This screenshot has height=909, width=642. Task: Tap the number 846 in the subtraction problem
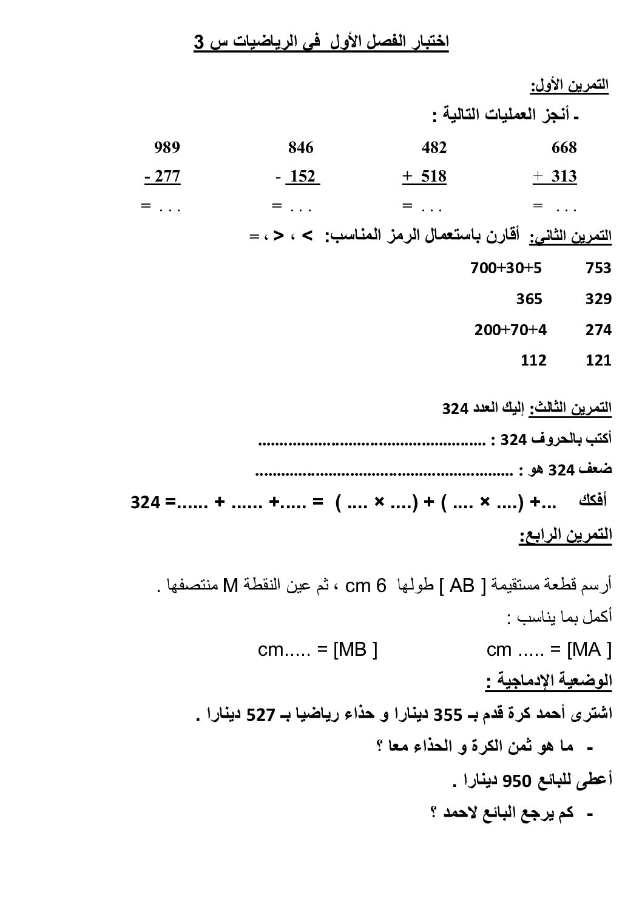300,148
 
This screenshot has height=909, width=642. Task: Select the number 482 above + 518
434,148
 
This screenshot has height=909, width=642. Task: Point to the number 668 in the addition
564,148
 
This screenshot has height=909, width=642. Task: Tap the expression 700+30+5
506,268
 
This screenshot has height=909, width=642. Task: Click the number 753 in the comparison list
598,268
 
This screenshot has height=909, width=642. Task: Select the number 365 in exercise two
529,299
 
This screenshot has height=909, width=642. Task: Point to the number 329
598,299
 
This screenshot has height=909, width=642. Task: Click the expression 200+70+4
510,330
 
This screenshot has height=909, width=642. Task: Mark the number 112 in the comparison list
533,360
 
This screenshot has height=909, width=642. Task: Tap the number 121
598,360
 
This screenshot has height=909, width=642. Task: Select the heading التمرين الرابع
565,536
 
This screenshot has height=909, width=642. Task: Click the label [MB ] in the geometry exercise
355,650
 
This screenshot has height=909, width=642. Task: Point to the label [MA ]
589,650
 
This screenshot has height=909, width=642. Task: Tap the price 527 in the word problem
262,715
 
